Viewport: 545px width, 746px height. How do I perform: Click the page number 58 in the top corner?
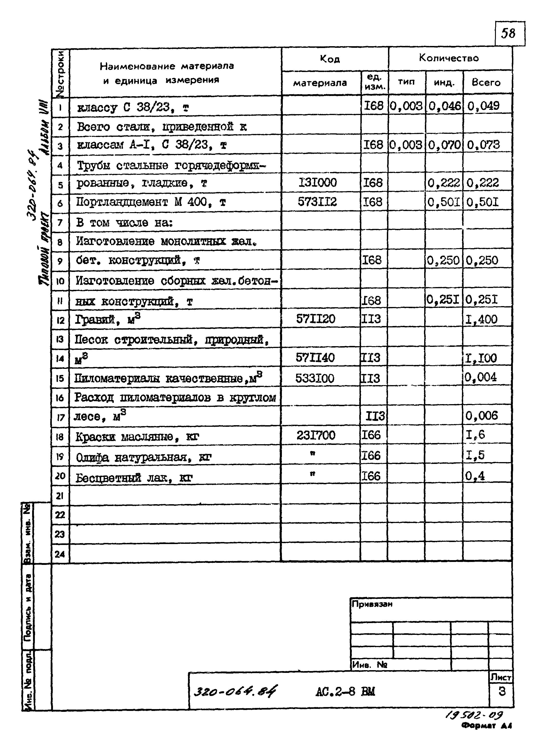point(508,33)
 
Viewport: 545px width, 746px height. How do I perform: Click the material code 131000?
point(318,182)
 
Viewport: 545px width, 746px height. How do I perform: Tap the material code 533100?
point(315,378)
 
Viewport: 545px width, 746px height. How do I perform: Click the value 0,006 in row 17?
point(481,416)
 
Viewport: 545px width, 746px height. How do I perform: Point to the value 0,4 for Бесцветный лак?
point(475,476)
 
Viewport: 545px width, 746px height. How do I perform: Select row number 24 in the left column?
point(60,554)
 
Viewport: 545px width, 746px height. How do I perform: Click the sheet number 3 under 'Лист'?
point(502,691)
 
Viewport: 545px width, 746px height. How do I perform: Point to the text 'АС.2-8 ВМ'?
point(345,691)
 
